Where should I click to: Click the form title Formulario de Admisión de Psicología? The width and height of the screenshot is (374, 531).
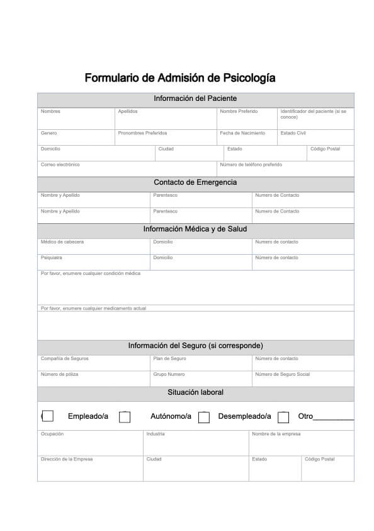(179, 78)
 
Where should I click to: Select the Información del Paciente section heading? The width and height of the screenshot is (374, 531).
(195, 98)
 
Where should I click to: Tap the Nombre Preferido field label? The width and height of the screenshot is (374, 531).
(239, 112)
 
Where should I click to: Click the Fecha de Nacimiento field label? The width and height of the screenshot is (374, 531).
(242, 133)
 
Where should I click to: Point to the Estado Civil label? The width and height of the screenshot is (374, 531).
(293, 133)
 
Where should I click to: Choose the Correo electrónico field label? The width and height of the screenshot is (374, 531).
(60, 165)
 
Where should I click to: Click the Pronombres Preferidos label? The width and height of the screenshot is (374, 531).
(142, 133)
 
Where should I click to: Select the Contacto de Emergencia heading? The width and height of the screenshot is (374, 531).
(195, 182)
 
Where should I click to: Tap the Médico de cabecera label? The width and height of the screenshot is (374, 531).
(62, 242)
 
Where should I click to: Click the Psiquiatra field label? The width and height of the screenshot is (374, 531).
(52, 258)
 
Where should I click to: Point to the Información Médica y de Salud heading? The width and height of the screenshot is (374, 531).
(195, 229)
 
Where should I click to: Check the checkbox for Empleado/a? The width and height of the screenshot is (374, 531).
(47, 416)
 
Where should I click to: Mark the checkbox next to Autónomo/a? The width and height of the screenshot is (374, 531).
(125, 417)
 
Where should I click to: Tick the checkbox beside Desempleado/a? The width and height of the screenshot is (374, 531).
(203, 417)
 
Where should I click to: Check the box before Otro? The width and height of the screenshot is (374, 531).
(283, 417)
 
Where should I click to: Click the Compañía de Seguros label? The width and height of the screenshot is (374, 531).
(65, 359)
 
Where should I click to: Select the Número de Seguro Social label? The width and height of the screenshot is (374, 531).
(283, 375)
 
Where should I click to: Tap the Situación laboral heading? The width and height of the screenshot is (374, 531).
(195, 392)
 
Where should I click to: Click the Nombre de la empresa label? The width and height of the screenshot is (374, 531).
(276, 434)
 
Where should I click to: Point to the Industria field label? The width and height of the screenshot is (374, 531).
(156, 434)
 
